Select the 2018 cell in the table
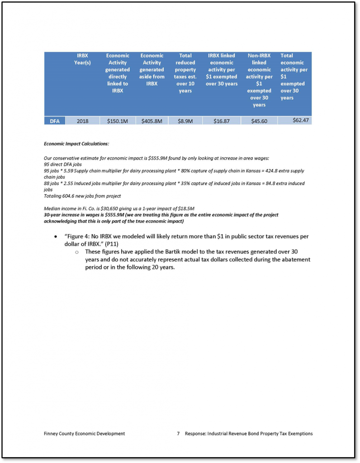[x=82, y=121]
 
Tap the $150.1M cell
[x=118, y=121]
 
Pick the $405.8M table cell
[x=152, y=121]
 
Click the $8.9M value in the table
[x=185, y=121]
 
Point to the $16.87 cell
[x=221, y=121]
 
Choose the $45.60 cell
[x=259, y=121]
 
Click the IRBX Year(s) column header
[x=82, y=59]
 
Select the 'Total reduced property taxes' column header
[x=185, y=73]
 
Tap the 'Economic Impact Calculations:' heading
[x=76, y=144]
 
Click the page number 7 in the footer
[x=179, y=434]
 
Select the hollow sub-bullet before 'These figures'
[x=77, y=251]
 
